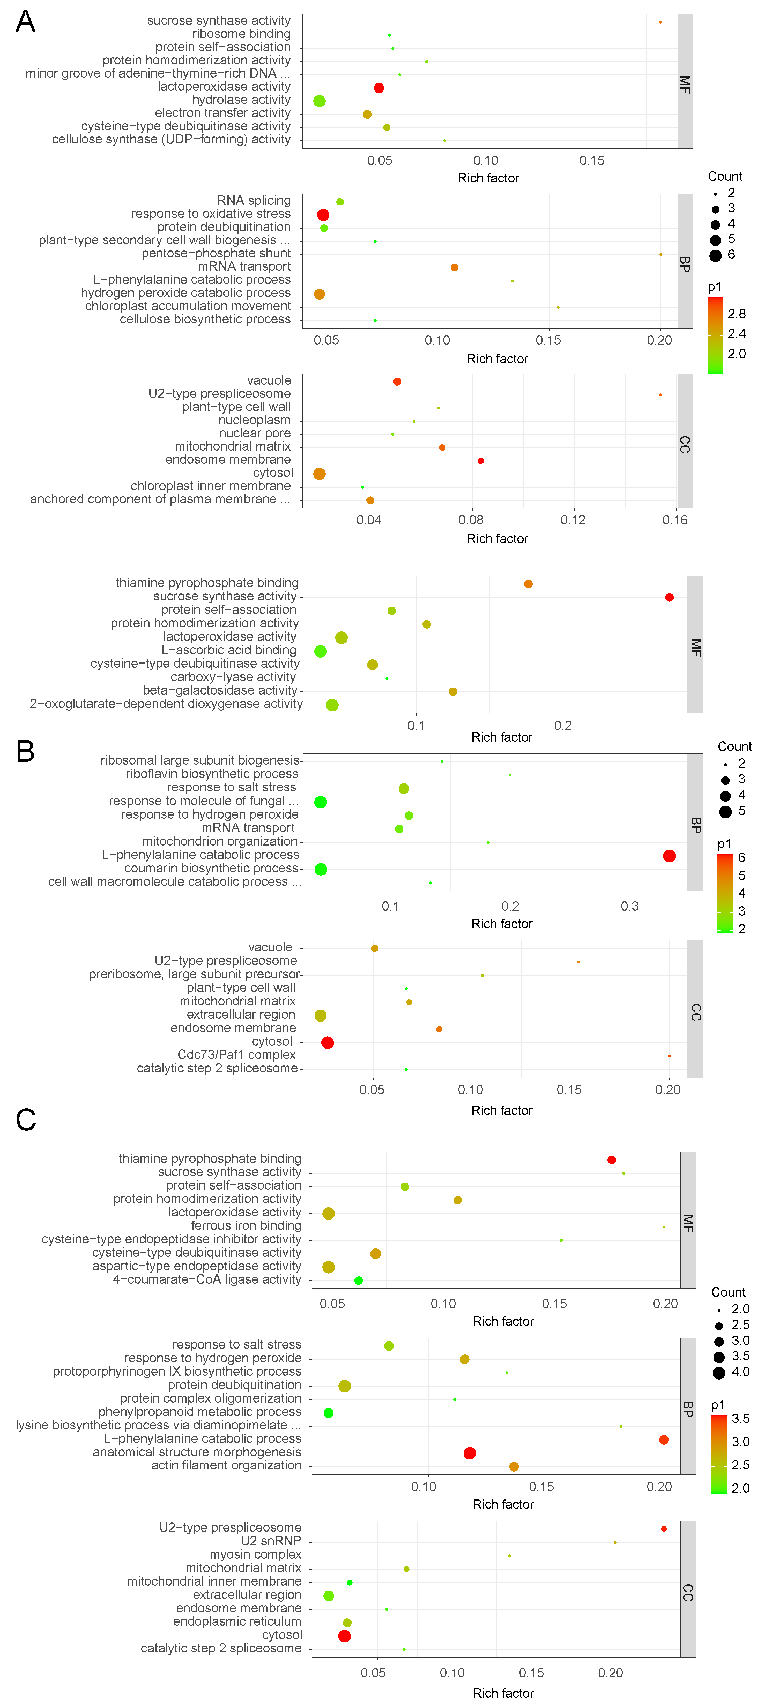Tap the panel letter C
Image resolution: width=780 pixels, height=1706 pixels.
26,1120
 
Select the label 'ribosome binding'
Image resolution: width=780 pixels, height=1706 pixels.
241,34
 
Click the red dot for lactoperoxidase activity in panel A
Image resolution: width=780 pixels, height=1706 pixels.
378,88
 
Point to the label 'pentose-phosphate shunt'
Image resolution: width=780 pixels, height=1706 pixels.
216,253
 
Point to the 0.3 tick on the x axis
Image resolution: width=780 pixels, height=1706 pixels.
630,906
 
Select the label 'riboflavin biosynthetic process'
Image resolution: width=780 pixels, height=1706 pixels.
212,774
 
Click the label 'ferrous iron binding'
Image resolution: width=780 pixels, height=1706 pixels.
246,1226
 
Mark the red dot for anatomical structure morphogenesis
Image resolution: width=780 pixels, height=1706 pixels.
470,1453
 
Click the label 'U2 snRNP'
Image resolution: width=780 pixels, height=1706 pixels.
271,1541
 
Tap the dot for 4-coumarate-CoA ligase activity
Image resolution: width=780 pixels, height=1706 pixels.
359,1280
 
